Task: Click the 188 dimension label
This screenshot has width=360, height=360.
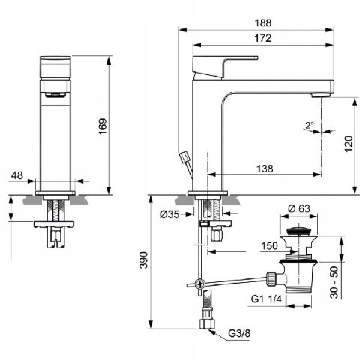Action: click(263, 22)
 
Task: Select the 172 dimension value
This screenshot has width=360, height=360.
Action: click(263, 38)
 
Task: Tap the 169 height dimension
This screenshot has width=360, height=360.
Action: click(103, 126)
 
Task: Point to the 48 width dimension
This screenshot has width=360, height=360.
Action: click(17, 175)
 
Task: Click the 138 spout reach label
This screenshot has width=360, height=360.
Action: click(265, 169)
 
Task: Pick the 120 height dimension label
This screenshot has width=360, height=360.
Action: click(349, 144)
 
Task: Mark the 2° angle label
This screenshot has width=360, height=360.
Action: click(310, 125)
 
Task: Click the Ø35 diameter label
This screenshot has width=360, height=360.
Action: click(169, 214)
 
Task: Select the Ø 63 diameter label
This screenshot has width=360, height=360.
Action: click(299, 208)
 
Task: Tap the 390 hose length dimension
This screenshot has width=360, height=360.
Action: click(144, 260)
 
